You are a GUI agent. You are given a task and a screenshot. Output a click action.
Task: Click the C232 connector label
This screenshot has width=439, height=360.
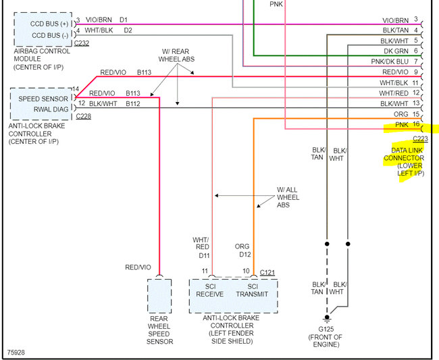pos(82,43)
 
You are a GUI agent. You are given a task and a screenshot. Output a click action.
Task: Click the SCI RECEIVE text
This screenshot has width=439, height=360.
pos(210,289)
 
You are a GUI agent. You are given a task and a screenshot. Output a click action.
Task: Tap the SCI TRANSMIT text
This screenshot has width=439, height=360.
pos(253,289)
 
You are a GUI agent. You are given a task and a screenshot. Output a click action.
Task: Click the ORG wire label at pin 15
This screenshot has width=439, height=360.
pos(401,114)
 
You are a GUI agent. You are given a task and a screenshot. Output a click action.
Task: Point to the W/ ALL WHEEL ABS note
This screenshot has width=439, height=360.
pos(288,197)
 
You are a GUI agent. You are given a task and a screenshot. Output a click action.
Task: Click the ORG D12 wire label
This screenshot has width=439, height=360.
pos(243,251)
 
